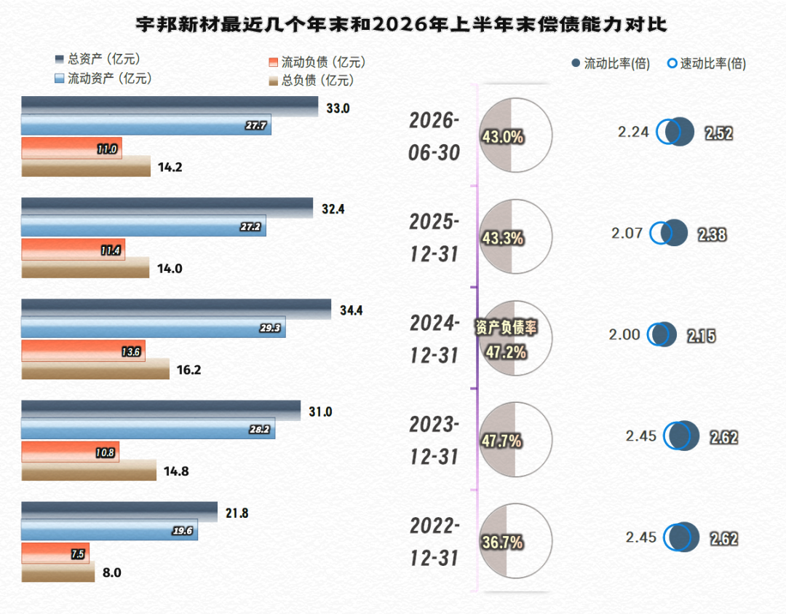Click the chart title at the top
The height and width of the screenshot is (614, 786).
(x=401, y=24)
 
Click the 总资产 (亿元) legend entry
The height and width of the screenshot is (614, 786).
(x=98, y=59)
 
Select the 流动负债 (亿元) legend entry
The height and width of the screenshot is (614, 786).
(x=317, y=62)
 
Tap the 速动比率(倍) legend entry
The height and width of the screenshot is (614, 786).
(x=707, y=63)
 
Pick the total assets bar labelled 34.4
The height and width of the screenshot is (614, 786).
(x=176, y=309)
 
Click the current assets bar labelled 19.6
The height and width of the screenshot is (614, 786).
(x=109, y=530)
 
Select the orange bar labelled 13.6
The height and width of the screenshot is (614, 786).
(x=83, y=350)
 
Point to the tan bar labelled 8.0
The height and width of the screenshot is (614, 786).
(x=58, y=571)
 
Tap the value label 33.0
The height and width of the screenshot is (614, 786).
(x=338, y=109)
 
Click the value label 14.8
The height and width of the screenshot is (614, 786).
(x=176, y=471)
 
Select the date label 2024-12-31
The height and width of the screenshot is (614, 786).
(x=434, y=339)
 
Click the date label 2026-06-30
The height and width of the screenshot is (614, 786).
(x=434, y=136)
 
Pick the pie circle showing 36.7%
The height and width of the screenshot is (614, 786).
(x=516, y=540)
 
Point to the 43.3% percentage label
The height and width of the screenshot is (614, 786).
(x=503, y=238)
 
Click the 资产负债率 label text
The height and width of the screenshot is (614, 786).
(x=507, y=328)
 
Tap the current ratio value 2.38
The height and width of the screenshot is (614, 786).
(x=712, y=235)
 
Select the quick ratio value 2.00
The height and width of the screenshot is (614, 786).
(x=624, y=334)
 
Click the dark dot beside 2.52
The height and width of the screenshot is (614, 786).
(x=680, y=132)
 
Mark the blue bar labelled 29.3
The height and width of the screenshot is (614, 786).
(x=154, y=327)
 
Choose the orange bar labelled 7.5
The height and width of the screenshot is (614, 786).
(x=55, y=553)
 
